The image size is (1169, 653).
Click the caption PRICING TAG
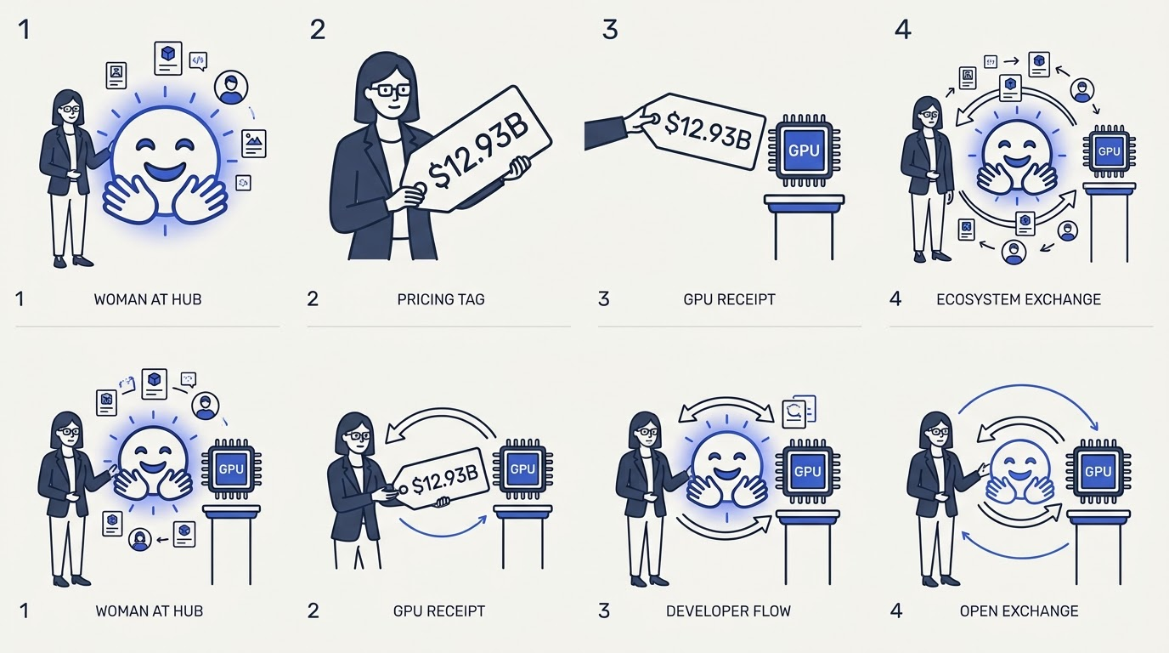point(441,299)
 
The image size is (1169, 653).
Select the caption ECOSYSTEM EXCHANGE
point(1019,299)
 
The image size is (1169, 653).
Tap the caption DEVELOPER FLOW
point(729,610)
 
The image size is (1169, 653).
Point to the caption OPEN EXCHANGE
point(1019,610)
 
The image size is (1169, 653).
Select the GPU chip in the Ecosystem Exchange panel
point(1109,151)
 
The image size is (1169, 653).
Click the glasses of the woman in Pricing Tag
point(394,90)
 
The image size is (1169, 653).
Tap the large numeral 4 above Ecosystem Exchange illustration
point(903,30)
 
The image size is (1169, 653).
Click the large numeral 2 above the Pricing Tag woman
point(317,30)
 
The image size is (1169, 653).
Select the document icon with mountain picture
point(254,144)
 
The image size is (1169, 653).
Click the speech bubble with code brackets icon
point(198,60)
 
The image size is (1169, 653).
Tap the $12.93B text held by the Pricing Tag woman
point(478,151)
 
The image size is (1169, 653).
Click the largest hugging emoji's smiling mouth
point(165,170)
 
